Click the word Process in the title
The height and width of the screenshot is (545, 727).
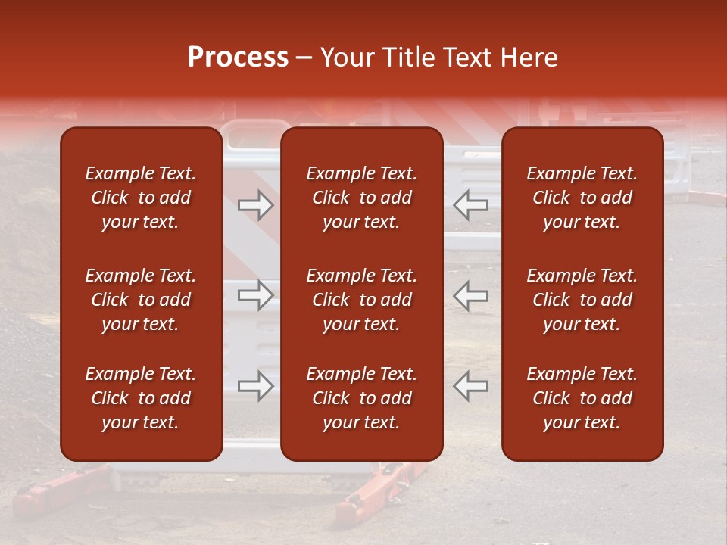[238, 58]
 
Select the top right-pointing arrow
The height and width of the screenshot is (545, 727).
[255, 205]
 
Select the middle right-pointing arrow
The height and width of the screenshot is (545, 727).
[255, 295]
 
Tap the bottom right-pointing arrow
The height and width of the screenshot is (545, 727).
[255, 386]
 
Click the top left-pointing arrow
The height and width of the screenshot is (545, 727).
[470, 205]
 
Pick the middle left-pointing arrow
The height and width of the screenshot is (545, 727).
[470, 295]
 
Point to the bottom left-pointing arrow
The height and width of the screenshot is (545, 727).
[470, 386]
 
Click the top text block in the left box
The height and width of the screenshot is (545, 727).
[141, 198]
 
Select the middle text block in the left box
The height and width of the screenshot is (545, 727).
[141, 300]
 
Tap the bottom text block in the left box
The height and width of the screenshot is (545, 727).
[141, 398]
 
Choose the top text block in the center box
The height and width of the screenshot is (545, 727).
[362, 198]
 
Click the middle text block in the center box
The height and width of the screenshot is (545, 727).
[362, 300]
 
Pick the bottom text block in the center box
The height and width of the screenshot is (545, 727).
[362, 398]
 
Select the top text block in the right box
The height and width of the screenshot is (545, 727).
[582, 198]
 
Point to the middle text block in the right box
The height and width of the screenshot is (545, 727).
[582, 300]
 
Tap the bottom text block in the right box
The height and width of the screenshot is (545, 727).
[582, 398]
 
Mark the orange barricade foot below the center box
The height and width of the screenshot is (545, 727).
[375, 492]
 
